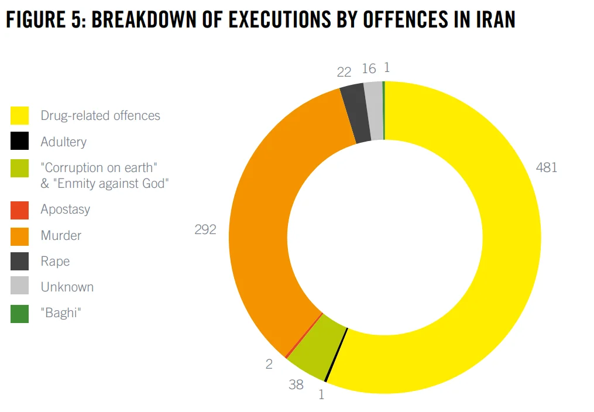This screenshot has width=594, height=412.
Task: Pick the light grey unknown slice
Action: (x=373, y=111)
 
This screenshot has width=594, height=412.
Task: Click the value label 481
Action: (x=547, y=167)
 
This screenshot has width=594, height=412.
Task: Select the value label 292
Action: (x=205, y=229)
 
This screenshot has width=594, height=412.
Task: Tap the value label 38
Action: (x=296, y=384)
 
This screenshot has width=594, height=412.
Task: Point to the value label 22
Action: (x=344, y=72)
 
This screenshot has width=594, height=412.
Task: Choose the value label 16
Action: (x=369, y=69)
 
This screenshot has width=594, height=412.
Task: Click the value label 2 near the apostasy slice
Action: (x=269, y=364)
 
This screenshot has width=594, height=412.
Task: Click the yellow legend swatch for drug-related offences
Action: (x=20, y=115)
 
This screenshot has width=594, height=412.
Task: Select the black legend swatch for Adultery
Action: (x=20, y=142)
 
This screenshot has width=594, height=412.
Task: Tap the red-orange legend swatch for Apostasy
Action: (x=20, y=210)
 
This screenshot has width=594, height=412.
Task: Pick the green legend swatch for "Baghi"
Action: (x=20, y=314)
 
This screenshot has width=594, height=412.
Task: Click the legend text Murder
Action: (x=61, y=236)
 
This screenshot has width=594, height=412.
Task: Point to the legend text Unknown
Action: (x=67, y=287)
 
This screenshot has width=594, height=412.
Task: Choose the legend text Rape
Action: (x=55, y=262)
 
